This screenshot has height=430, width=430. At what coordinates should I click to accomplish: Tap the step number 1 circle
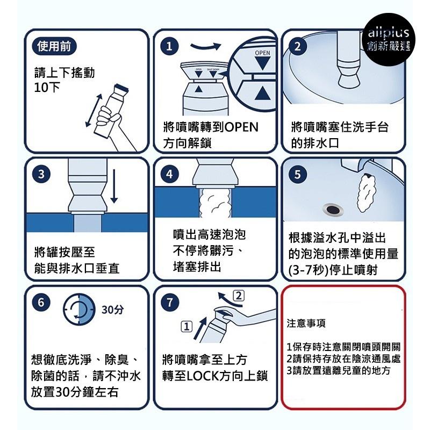170,47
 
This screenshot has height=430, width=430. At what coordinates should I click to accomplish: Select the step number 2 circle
298,47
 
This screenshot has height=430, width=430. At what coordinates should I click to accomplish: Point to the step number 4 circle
170,174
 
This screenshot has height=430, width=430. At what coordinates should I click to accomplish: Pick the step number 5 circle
298,174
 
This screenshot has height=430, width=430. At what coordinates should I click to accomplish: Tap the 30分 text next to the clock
112,310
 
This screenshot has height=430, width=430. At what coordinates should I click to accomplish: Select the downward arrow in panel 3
113,189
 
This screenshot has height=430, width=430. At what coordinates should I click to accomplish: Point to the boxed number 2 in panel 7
240,295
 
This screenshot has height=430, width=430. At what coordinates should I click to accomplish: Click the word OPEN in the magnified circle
262,53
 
